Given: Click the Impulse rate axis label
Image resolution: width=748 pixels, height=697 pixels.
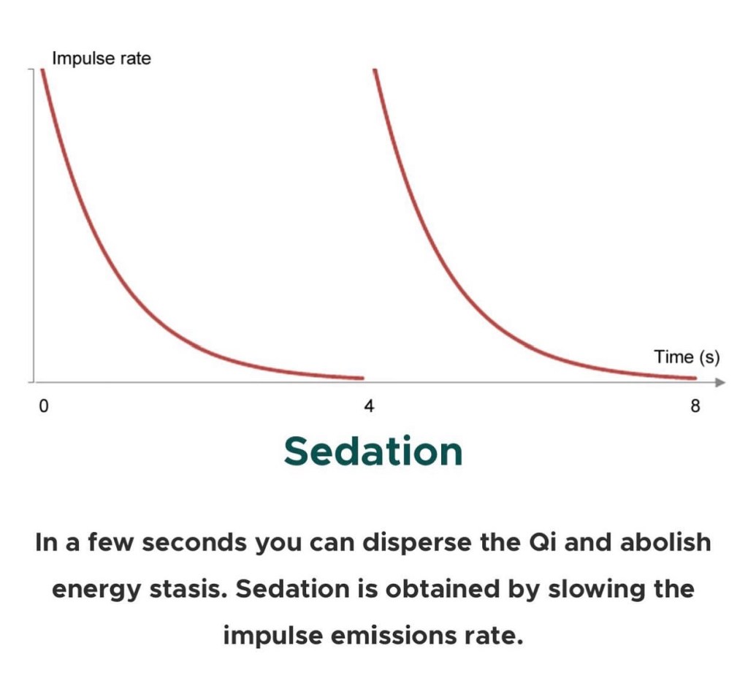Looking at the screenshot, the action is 102,58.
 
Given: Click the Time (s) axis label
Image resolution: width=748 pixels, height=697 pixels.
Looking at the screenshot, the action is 687,357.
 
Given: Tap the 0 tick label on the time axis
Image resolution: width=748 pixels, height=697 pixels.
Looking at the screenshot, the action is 43,406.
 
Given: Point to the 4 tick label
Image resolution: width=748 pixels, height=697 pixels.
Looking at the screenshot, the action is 369,406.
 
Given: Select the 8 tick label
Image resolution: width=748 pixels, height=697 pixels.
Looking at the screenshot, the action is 695,406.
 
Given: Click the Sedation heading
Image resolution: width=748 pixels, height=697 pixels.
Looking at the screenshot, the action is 373,452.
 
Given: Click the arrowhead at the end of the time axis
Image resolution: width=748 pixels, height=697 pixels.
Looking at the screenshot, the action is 720,382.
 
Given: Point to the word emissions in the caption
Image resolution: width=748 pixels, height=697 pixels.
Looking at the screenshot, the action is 394,636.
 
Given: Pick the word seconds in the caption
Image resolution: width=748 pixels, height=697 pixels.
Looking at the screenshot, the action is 194,543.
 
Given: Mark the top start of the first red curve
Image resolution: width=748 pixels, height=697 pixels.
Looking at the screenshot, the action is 42,70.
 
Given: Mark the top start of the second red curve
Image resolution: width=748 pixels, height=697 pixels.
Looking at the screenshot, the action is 375,70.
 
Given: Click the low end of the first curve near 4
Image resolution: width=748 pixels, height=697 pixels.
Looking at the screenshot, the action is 362,378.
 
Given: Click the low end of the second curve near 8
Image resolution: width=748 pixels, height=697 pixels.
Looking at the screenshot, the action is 695,378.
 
